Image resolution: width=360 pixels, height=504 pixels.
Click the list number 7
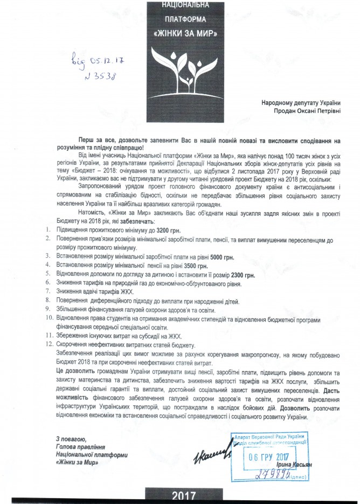click(x=47, y=292)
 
